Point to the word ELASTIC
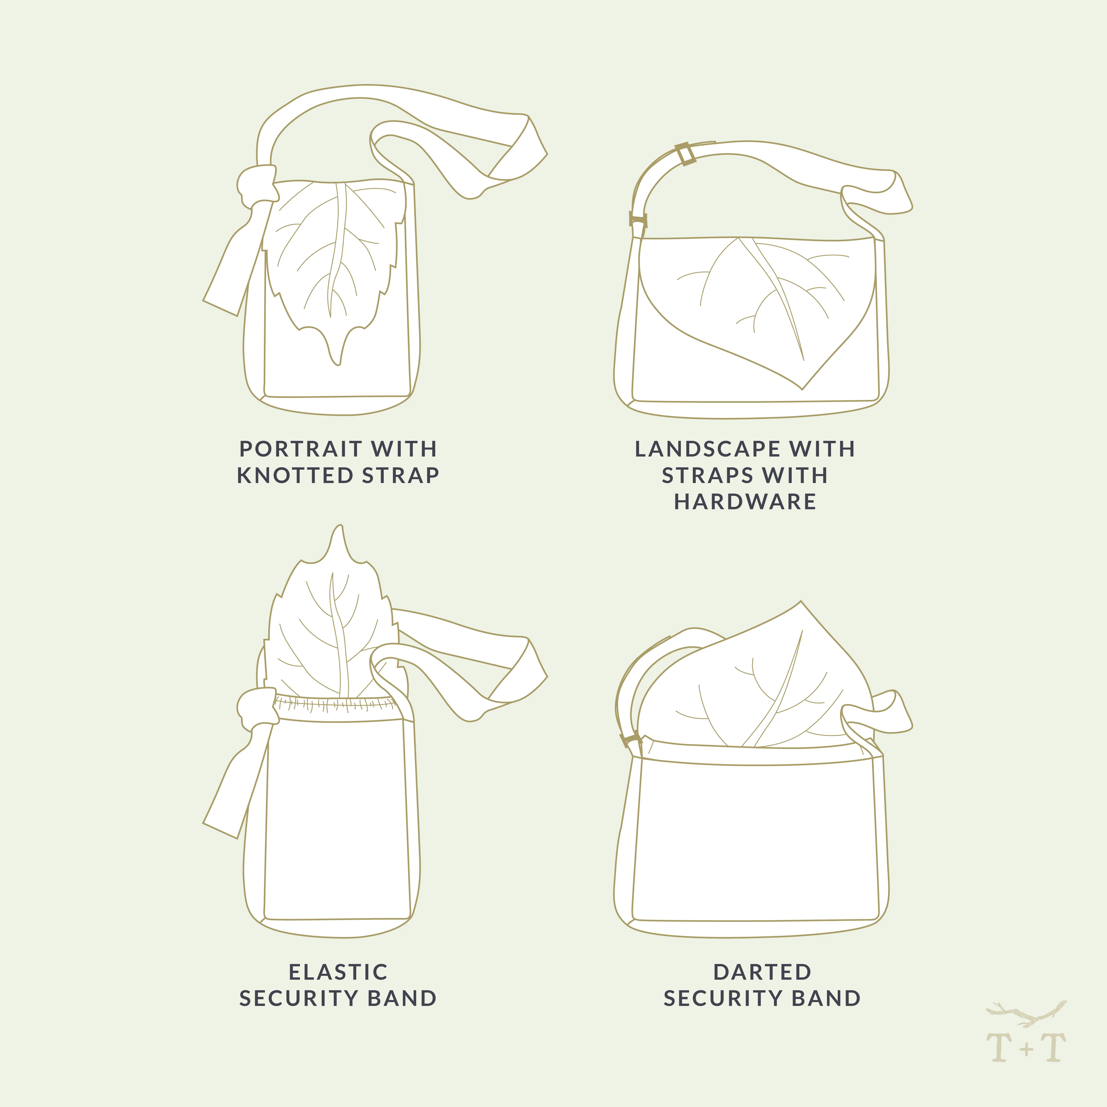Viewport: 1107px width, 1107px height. [x=338, y=972]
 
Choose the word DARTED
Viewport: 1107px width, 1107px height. [x=762, y=972]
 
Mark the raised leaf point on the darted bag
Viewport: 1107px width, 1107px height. [x=800, y=602]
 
